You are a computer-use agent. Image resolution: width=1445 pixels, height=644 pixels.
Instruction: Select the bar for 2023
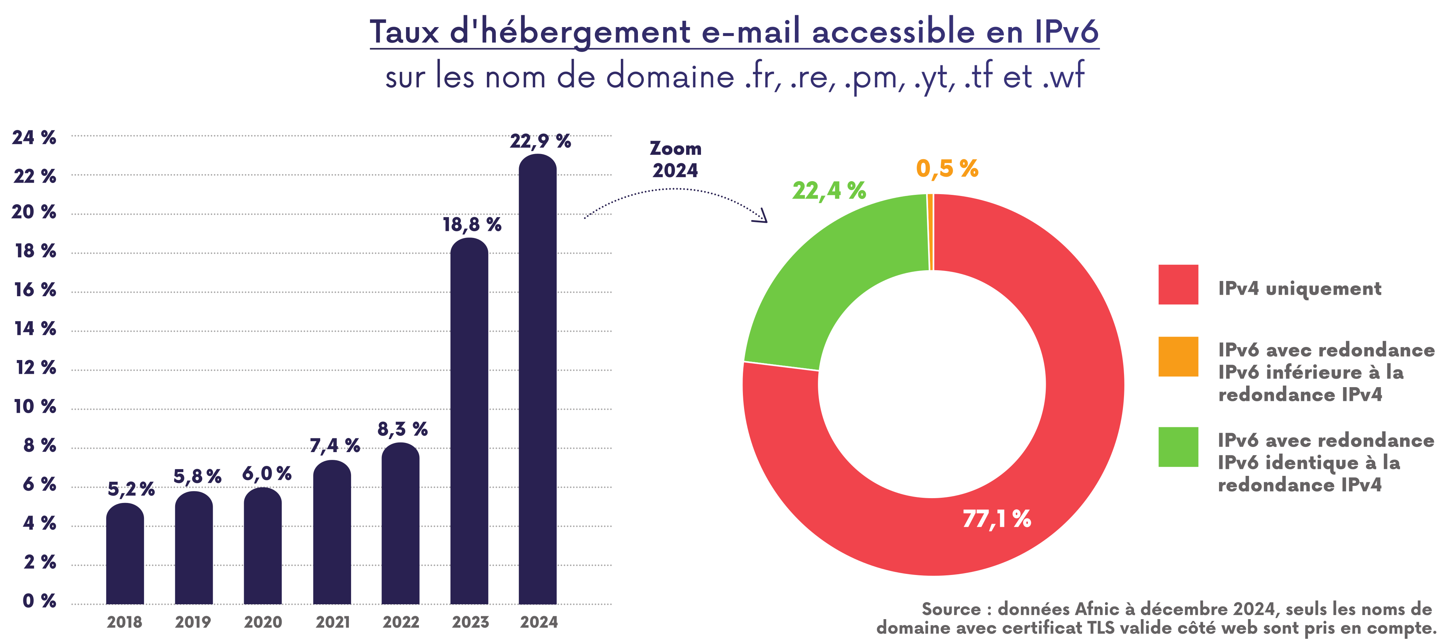[469, 421]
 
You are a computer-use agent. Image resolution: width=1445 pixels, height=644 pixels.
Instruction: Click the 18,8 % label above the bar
[472, 225]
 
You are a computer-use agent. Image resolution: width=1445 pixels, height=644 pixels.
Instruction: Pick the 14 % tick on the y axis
[35, 329]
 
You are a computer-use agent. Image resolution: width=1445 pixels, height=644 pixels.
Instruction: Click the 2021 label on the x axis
[332, 622]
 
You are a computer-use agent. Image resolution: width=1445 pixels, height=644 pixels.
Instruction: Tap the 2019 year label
[193, 622]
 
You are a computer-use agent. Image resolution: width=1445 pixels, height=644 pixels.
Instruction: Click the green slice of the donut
[825, 281]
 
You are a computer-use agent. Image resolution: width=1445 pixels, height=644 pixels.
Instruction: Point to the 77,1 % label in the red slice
[997, 519]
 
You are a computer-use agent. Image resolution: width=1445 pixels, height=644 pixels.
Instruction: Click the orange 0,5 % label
[947, 168]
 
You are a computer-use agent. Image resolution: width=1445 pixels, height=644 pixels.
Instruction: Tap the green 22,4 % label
[829, 191]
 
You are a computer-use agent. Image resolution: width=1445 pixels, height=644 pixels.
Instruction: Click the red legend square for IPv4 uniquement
[1178, 284]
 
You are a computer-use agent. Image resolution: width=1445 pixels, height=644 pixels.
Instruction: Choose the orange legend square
[1178, 356]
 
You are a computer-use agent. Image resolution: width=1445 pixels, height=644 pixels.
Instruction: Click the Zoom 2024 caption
[675, 159]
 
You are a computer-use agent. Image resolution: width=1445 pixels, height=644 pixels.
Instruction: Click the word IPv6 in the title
[1066, 32]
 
